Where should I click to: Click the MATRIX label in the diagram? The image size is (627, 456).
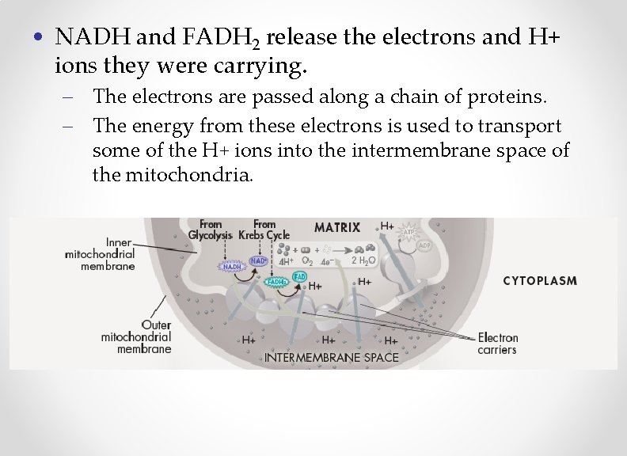(x=336, y=227)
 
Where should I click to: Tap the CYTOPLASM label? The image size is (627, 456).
(x=540, y=280)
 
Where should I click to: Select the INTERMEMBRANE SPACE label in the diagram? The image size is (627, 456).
(x=332, y=357)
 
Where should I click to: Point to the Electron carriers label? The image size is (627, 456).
(x=498, y=344)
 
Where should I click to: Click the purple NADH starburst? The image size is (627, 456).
(x=231, y=267)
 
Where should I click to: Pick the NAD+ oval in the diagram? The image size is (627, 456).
(x=259, y=260)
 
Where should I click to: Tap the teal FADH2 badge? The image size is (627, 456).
(x=276, y=282)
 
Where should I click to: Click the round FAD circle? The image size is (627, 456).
(x=299, y=276)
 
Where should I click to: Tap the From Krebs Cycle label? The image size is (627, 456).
(x=264, y=230)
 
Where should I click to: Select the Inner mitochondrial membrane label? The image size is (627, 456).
(x=101, y=253)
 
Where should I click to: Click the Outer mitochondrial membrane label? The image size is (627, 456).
(x=136, y=336)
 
